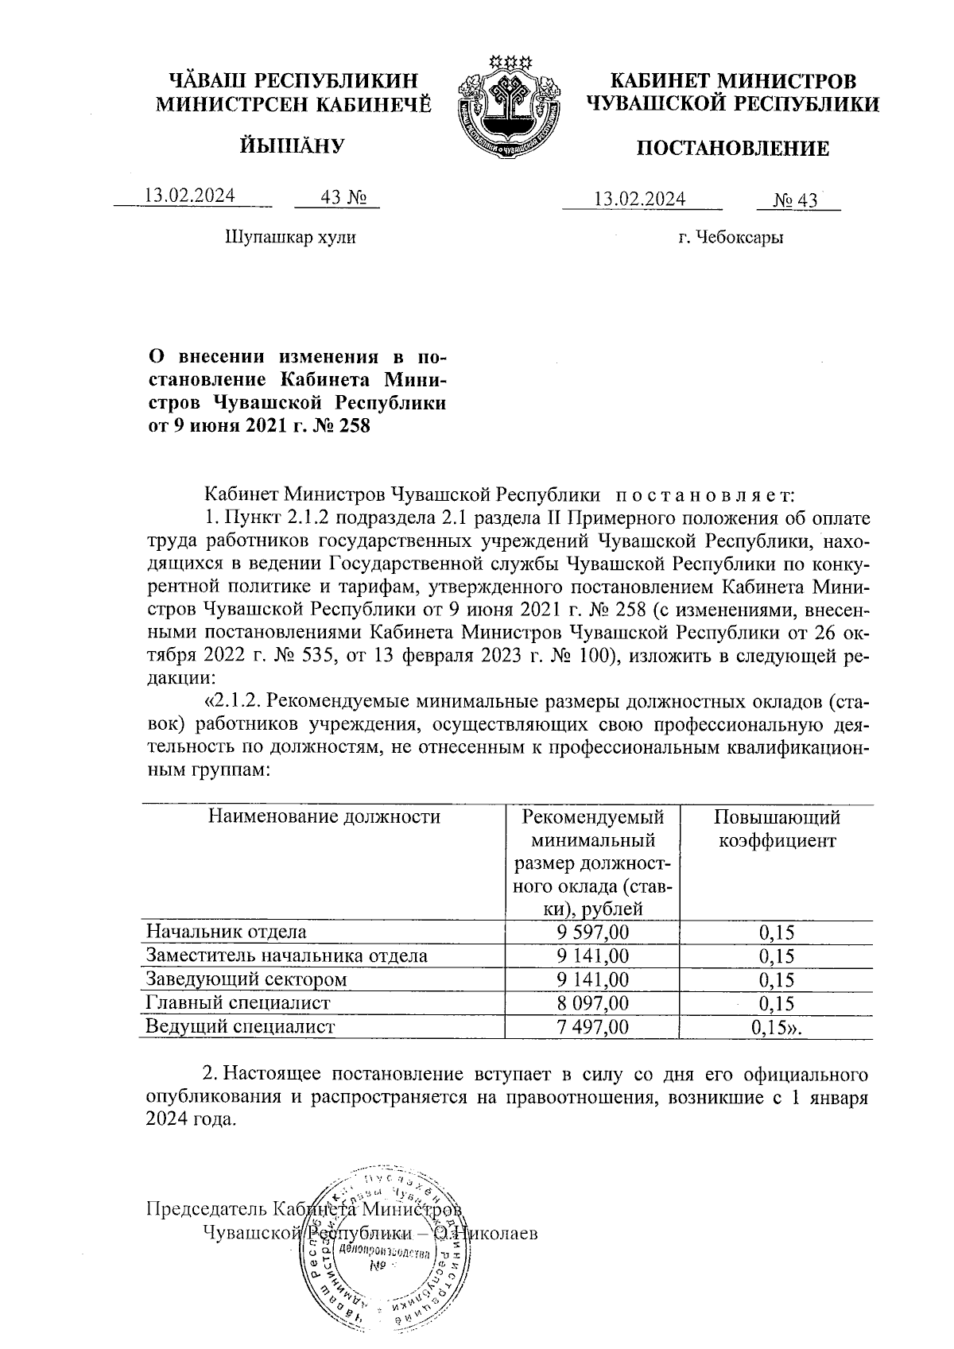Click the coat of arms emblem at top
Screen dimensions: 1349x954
pyautogui.click(x=507, y=103)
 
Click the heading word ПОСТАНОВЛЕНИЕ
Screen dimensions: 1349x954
pyautogui.click(x=731, y=149)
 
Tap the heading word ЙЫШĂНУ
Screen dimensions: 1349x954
pyautogui.click(x=291, y=145)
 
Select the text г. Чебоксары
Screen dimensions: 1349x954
pyautogui.click(x=731, y=238)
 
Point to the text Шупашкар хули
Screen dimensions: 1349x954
pyautogui.click(x=291, y=237)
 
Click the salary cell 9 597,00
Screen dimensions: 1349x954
pyautogui.click(x=594, y=932)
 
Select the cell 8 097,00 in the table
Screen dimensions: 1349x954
pyautogui.click(x=594, y=1003)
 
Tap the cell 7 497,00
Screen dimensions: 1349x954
pyautogui.click(x=594, y=1027)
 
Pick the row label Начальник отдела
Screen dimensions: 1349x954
pyautogui.click(x=226, y=932)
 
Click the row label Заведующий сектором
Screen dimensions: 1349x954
pyautogui.click(x=246, y=980)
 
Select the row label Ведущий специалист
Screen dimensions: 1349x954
pyautogui.click(x=240, y=1027)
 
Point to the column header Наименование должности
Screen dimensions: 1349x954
pyautogui.click(x=324, y=817)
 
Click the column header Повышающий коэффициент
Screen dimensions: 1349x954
pyautogui.click(x=776, y=829)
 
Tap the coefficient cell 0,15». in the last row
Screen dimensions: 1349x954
pyautogui.click(x=776, y=1027)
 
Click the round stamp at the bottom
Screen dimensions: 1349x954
pyautogui.click(x=380, y=1251)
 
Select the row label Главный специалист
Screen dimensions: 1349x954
pyautogui.click(x=237, y=1003)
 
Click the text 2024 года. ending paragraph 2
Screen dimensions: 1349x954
pyautogui.click(x=191, y=1120)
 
